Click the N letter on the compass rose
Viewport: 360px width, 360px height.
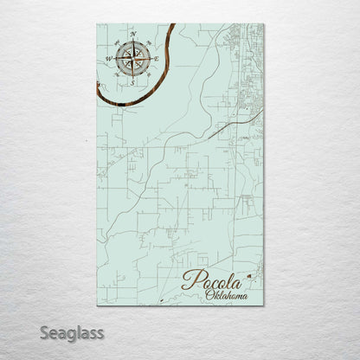[132, 35]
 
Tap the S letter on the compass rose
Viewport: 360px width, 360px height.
[132, 84]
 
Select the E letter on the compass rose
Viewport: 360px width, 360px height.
[157, 59]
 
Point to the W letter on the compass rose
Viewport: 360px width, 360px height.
[108, 59]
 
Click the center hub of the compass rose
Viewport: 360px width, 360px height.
[132, 59]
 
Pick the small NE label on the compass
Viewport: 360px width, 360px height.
[148, 43]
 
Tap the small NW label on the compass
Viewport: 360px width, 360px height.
[117, 43]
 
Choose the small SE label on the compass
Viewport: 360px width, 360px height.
[148, 74]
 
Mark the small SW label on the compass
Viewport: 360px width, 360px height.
[117, 74]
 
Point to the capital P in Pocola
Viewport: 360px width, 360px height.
[188, 280]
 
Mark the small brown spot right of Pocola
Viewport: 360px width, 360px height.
[250, 276]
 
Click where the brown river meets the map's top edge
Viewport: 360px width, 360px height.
[172, 26]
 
